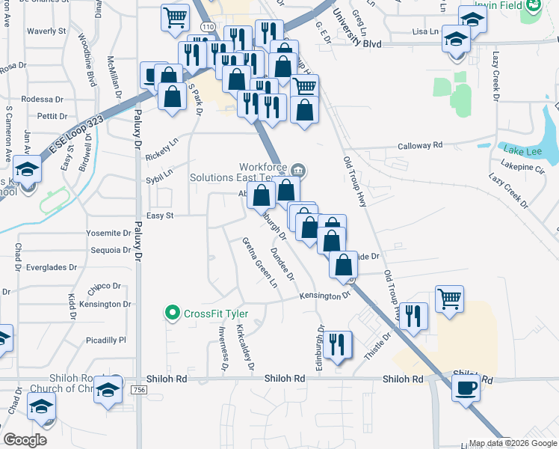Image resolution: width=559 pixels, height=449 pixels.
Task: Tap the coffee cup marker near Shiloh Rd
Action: (466, 388)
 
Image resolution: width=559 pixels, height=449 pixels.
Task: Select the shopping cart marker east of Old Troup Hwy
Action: (449, 299)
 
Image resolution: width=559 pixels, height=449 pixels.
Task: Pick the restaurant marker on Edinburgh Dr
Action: (339, 343)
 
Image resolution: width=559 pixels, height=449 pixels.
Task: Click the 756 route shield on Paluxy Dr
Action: (138, 390)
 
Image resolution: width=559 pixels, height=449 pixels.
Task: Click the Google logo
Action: (25, 439)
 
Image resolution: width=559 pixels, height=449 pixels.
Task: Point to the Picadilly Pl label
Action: (105, 340)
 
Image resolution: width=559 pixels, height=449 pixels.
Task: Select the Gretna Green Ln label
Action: (259, 262)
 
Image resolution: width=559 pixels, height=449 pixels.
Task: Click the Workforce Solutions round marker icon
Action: (299, 168)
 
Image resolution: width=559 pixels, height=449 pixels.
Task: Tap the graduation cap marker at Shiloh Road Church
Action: (108, 391)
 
